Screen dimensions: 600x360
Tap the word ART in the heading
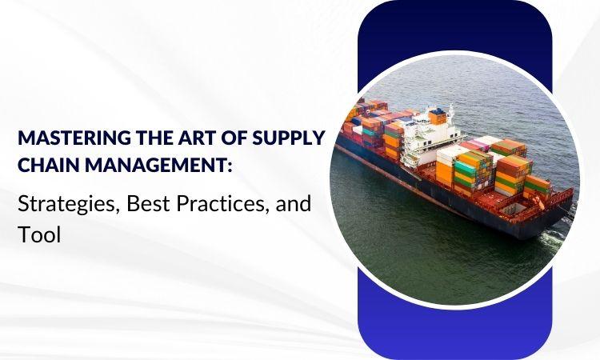coord(190,138)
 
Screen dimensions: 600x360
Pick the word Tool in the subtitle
coord(39,234)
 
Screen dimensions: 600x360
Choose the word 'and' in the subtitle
coord(293,204)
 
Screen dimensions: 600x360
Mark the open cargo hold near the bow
coord(515,209)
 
